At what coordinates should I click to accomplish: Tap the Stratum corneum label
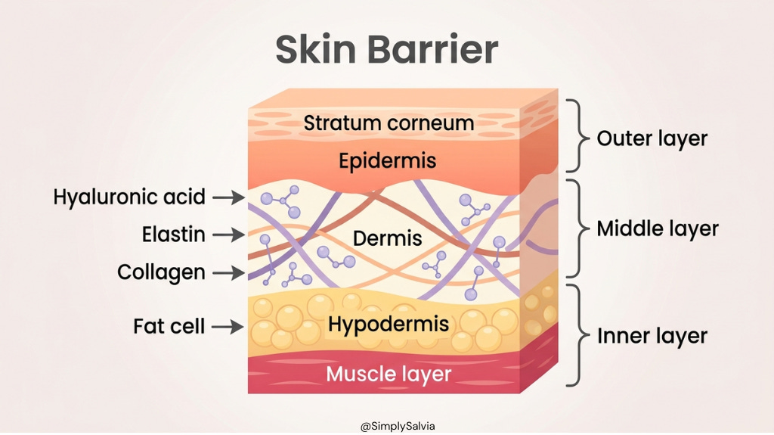389,123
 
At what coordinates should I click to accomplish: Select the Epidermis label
388,161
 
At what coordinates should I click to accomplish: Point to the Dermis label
388,238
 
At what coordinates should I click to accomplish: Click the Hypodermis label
389,325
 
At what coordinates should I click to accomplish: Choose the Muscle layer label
389,374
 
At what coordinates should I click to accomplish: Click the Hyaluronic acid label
129,197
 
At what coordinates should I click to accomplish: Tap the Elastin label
173,235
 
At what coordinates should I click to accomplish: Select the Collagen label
161,272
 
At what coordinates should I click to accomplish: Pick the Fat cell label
169,327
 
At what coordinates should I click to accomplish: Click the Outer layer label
652,139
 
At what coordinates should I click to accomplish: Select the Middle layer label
658,228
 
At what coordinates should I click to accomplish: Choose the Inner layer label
652,336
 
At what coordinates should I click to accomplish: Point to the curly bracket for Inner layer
579,336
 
